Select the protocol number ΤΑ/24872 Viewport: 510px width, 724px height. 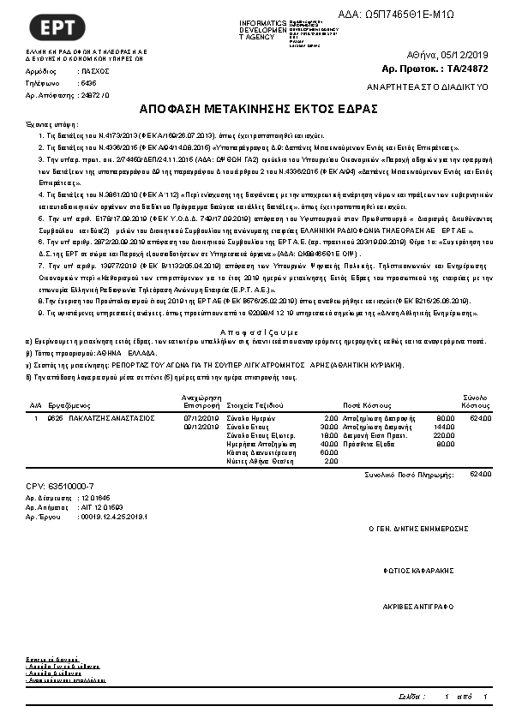(x=468, y=68)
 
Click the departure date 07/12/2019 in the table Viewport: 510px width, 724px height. (x=201, y=418)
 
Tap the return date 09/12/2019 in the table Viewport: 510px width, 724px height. (x=201, y=426)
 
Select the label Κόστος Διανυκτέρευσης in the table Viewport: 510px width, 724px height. (x=255, y=452)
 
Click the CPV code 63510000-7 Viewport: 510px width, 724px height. (x=60, y=486)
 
